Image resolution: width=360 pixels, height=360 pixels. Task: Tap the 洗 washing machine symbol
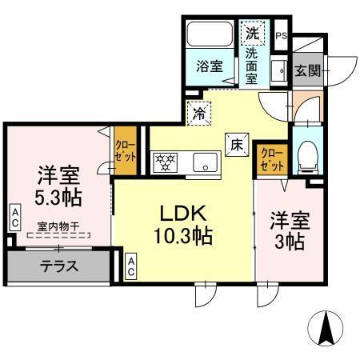[251, 34]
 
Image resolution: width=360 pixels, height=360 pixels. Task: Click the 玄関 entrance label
[307, 70]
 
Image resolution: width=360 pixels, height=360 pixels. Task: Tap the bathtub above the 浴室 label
[207, 37]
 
